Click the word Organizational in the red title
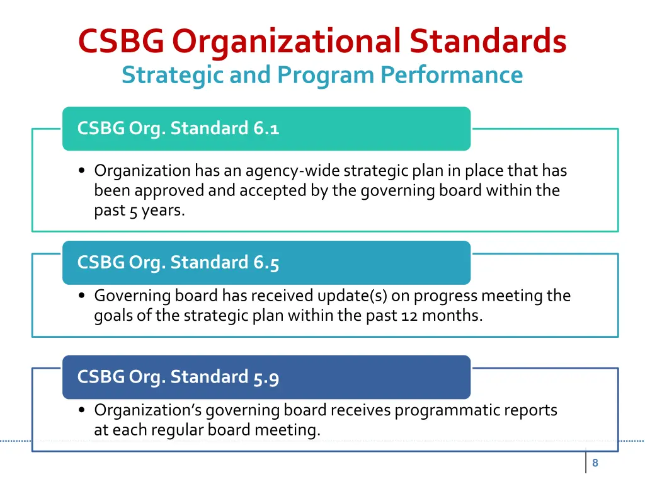(287, 42)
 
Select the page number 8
(595, 463)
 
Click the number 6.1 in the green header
(266, 129)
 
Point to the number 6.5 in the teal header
(266, 263)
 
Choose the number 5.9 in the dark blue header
(266, 377)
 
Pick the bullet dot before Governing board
(83, 296)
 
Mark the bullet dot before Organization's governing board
(83, 411)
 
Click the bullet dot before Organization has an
(83, 171)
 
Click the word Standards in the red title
(488, 42)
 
